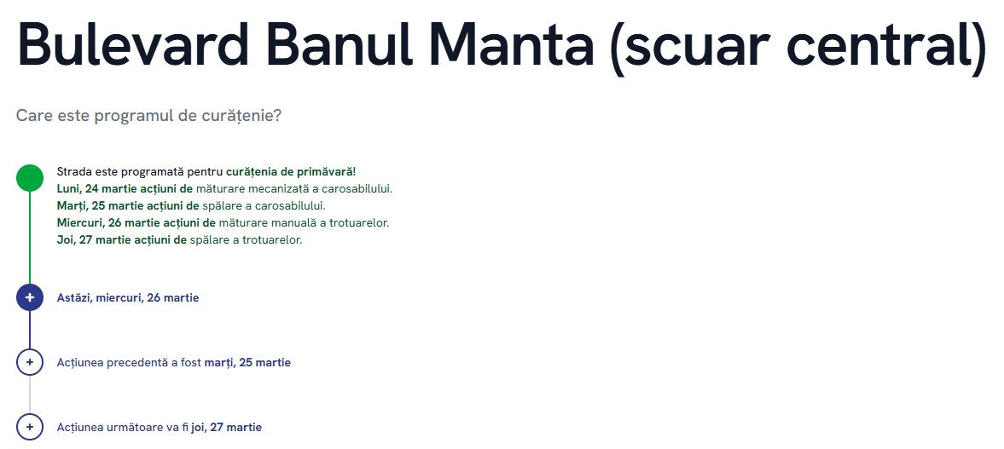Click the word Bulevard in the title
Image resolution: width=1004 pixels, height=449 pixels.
(x=133, y=43)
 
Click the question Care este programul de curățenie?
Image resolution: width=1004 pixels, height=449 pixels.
(x=148, y=117)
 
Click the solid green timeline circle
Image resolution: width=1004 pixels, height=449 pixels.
(x=30, y=178)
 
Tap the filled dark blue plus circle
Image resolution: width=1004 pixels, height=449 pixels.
(x=30, y=297)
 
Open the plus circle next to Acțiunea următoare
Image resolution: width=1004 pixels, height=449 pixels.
(x=30, y=427)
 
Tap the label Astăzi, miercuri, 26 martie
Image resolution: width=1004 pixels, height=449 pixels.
(x=128, y=298)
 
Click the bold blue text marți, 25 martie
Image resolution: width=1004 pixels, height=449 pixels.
(x=247, y=363)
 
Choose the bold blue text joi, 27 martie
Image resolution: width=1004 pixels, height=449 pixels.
(x=227, y=427)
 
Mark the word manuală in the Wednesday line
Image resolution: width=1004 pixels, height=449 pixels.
(x=287, y=223)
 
